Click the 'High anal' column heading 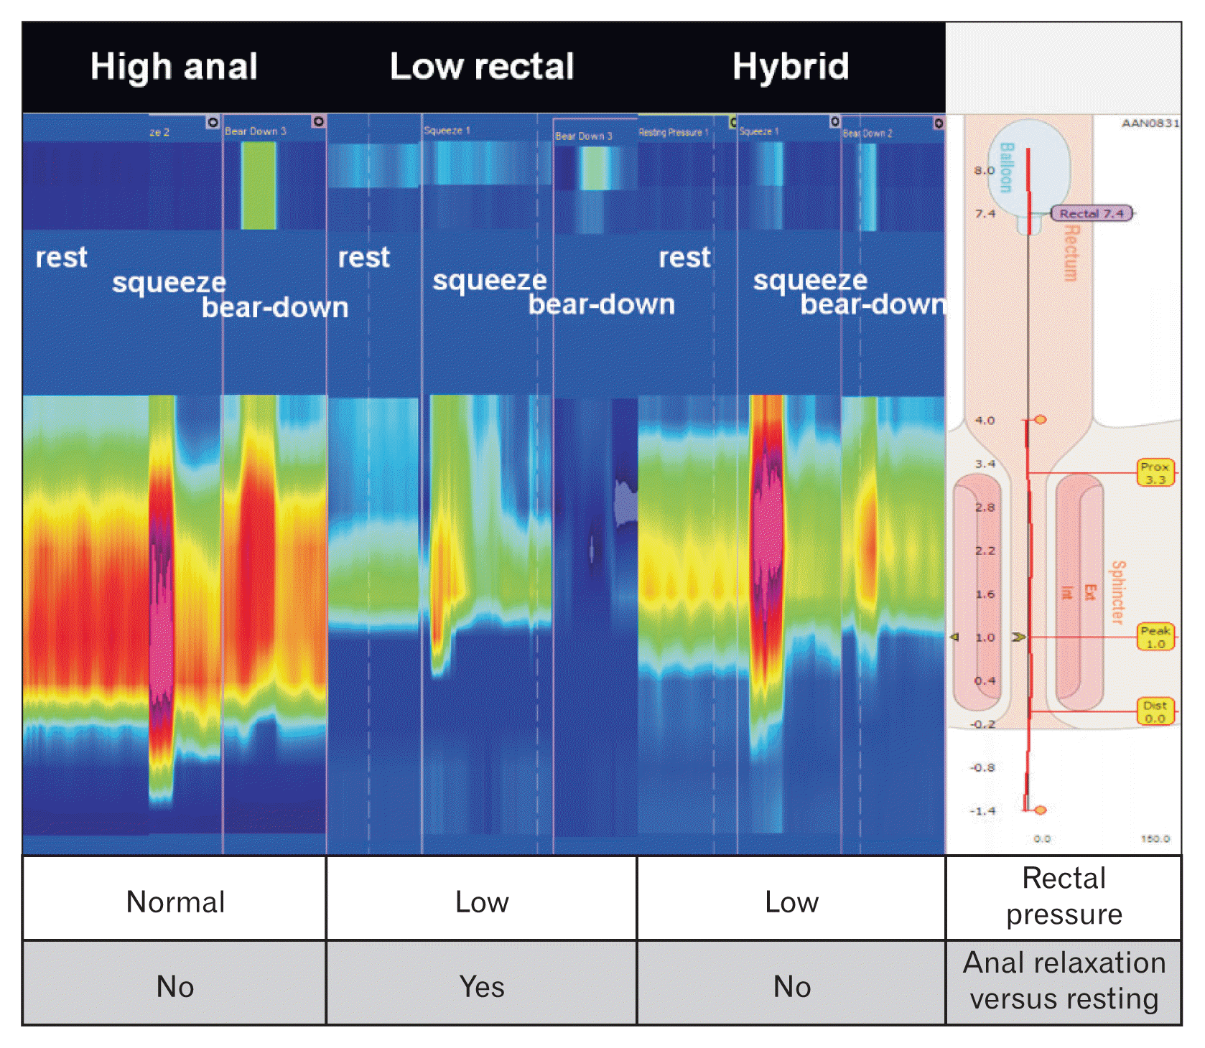[x=174, y=67]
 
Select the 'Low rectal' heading [x=482, y=67]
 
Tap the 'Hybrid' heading [x=791, y=67]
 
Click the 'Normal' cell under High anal [x=175, y=902]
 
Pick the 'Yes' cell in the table [x=482, y=986]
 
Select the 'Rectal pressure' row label [x=1064, y=896]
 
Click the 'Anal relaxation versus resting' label [x=1064, y=981]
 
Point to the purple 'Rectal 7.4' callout [x=1092, y=213]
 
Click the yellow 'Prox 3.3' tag [x=1155, y=473]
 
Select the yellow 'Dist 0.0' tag [x=1155, y=711]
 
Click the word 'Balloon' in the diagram [x=1006, y=167]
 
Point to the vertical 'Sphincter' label [x=1117, y=592]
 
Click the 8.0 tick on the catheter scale [x=985, y=170]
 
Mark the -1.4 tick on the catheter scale [x=983, y=810]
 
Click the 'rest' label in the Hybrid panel [x=684, y=257]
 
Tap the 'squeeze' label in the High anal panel [x=169, y=283]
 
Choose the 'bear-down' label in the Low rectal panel [x=602, y=304]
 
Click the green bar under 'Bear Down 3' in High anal [x=259, y=185]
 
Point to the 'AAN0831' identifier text [x=1150, y=123]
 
